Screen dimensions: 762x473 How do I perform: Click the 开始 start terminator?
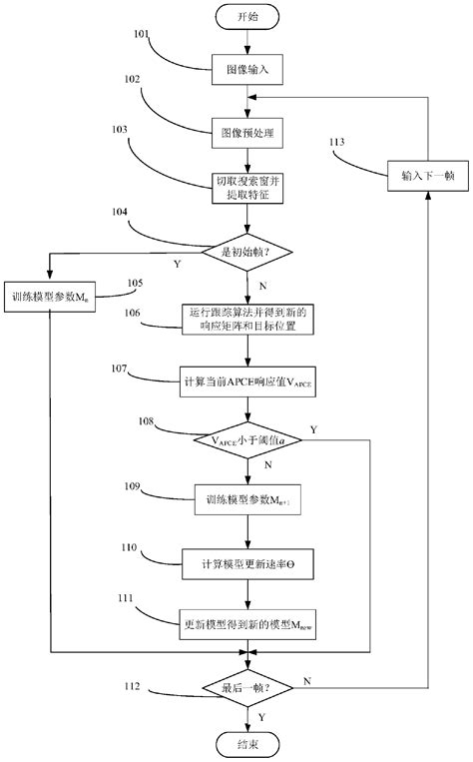tap(246, 17)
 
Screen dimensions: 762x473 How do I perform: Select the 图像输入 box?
tap(246, 70)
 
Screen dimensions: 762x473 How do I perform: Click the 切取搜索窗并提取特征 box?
tap(246, 188)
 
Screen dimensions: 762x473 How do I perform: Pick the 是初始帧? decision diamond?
tap(246, 255)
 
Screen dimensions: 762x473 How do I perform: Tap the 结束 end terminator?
tap(246, 744)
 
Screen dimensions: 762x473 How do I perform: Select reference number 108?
tap(146, 423)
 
